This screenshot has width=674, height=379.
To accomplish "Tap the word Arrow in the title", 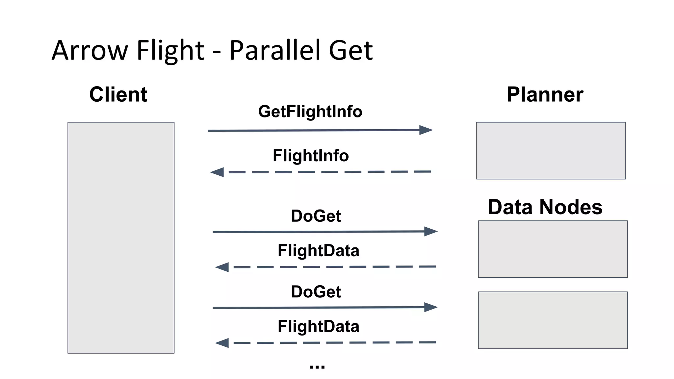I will (90, 50).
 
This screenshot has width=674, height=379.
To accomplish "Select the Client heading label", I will (118, 95).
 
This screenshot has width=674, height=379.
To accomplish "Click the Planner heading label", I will (545, 95).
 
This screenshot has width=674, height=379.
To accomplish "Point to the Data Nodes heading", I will (545, 207).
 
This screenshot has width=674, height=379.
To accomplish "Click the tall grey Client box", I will (121, 238).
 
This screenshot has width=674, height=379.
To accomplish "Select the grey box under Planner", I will (551, 151).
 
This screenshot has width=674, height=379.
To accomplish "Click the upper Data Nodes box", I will (553, 249).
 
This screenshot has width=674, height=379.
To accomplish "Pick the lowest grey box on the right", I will (553, 320).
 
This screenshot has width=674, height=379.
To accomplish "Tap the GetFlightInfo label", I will (310, 112).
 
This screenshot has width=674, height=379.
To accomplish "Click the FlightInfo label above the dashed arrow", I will (310, 156).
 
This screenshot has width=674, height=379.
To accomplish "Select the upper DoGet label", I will (316, 216).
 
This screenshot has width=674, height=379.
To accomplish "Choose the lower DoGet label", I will (316, 292).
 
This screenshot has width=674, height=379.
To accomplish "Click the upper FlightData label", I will (318, 251).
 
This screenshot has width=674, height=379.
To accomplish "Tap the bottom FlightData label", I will (318, 326).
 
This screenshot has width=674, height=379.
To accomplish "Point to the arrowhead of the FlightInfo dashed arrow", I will (217, 172).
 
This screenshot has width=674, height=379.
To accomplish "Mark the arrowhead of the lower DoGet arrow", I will (431, 307).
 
